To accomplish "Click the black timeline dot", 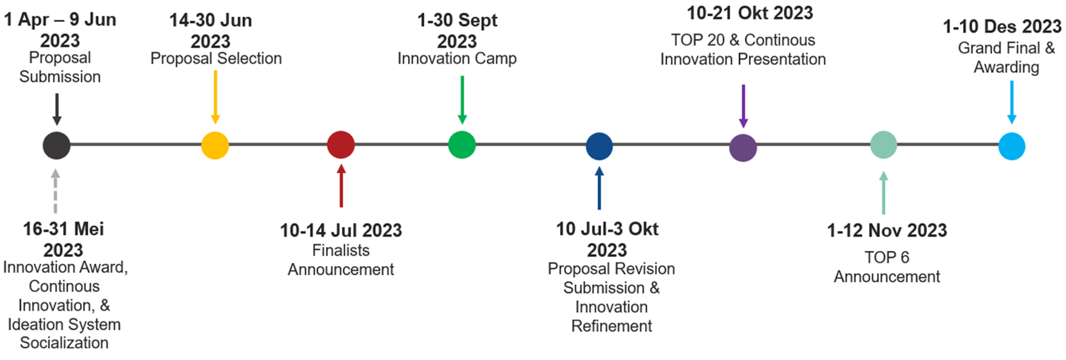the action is pyautogui.click(x=56, y=145).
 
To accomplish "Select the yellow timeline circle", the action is pyautogui.click(x=215, y=145).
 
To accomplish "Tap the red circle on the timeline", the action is pyautogui.click(x=341, y=145).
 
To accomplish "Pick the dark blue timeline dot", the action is pyautogui.click(x=599, y=146).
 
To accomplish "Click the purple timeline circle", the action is pyautogui.click(x=743, y=147).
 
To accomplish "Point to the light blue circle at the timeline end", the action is pyautogui.click(x=1012, y=146).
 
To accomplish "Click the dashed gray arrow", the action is pyautogui.click(x=56, y=191).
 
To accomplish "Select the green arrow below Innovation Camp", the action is pyautogui.click(x=462, y=100).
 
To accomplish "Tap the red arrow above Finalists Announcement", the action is pyautogui.click(x=341, y=186).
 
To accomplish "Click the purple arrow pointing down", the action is pyautogui.click(x=744, y=106).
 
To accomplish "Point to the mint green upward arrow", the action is pyautogui.click(x=884, y=193).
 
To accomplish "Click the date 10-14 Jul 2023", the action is pyautogui.click(x=341, y=230).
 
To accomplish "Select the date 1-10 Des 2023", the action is pyautogui.click(x=1002, y=27).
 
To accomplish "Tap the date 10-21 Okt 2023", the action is pyautogui.click(x=750, y=13).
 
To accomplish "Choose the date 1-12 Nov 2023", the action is pyautogui.click(x=887, y=230).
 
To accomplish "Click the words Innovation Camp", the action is pyautogui.click(x=458, y=59).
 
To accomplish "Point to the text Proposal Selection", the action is pyautogui.click(x=216, y=59).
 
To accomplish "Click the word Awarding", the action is pyautogui.click(x=1007, y=67).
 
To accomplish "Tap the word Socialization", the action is pyautogui.click(x=64, y=343).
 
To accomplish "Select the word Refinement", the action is pyautogui.click(x=612, y=326).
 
